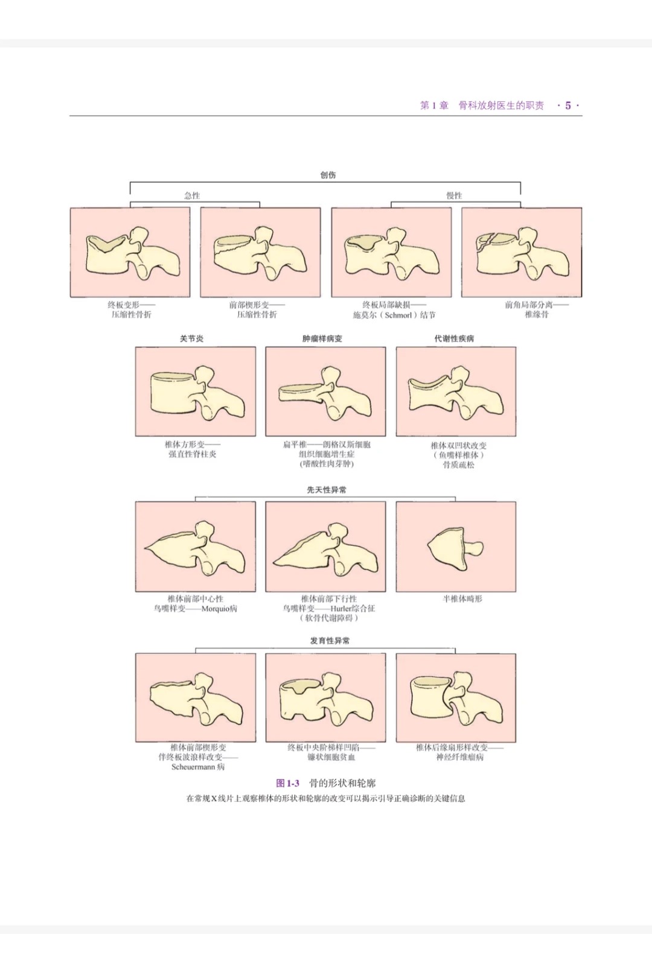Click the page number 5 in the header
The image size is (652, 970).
567,106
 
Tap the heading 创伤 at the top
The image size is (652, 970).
328,175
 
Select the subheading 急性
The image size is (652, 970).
192,195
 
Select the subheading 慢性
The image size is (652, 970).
454,195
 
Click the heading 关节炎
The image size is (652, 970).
191,338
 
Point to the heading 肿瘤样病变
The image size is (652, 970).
322,338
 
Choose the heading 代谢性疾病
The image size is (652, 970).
454,338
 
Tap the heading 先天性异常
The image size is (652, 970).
327,490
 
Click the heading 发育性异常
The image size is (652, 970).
330,641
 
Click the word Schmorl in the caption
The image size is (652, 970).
398,315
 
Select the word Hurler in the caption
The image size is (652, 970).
341,609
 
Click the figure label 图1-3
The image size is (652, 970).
288,783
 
